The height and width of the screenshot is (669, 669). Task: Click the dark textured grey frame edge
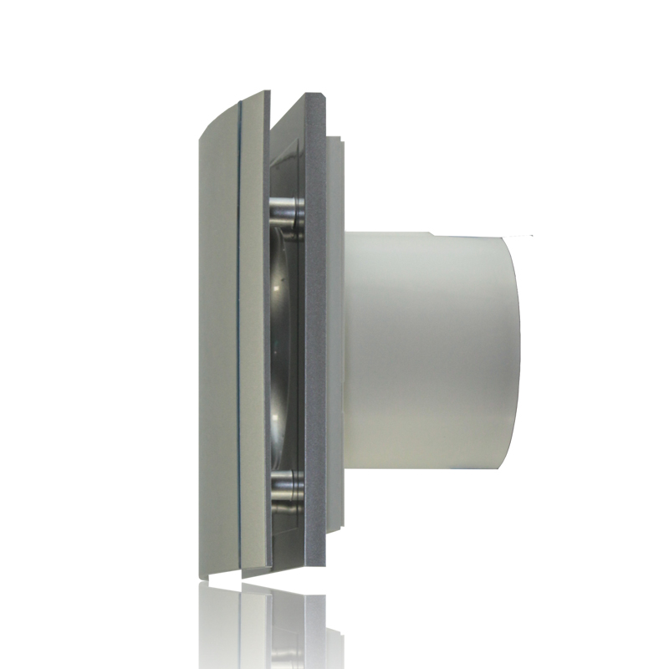[316, 334]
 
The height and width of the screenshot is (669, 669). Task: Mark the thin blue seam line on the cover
[240, 334]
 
